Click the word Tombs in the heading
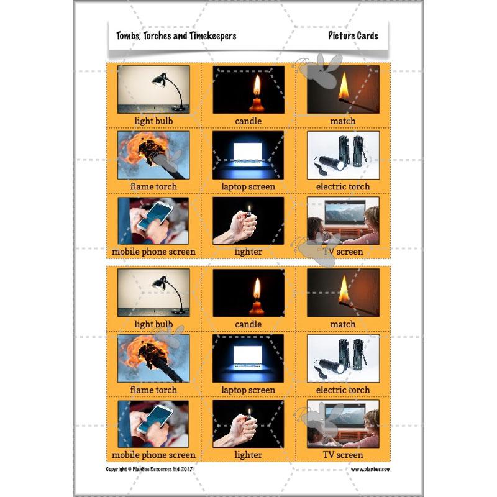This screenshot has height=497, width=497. coord(127,35)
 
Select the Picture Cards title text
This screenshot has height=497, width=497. coord(353,35)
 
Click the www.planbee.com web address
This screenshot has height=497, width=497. coord(370,470)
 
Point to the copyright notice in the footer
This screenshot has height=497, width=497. coord(151,470)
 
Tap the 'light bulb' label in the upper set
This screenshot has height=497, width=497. coord(153,121)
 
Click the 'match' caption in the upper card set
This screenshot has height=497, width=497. coord(342,121)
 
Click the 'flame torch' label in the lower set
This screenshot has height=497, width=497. coord(153,390)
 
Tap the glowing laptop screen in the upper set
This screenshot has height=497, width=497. coord(248,150)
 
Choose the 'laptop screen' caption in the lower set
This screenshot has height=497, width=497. coord(248,390)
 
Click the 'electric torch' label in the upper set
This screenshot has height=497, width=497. coord(342,186)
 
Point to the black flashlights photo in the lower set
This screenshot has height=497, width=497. coord(342,358)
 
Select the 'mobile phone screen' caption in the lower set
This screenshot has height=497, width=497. coord(153,455)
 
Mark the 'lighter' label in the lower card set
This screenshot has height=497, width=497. coord(248,455)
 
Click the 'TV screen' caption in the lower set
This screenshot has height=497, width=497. coord(342,455)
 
